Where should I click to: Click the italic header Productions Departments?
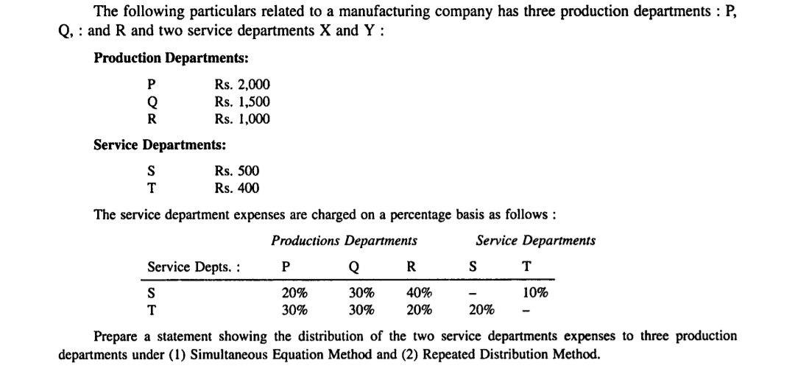click(344, 240)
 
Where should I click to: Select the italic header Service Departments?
click(535, 240)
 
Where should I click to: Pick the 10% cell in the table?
click(535, 292)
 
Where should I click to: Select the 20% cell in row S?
click(295, 292)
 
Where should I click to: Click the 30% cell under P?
click(295, 309)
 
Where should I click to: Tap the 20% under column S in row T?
click(481, 309)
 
